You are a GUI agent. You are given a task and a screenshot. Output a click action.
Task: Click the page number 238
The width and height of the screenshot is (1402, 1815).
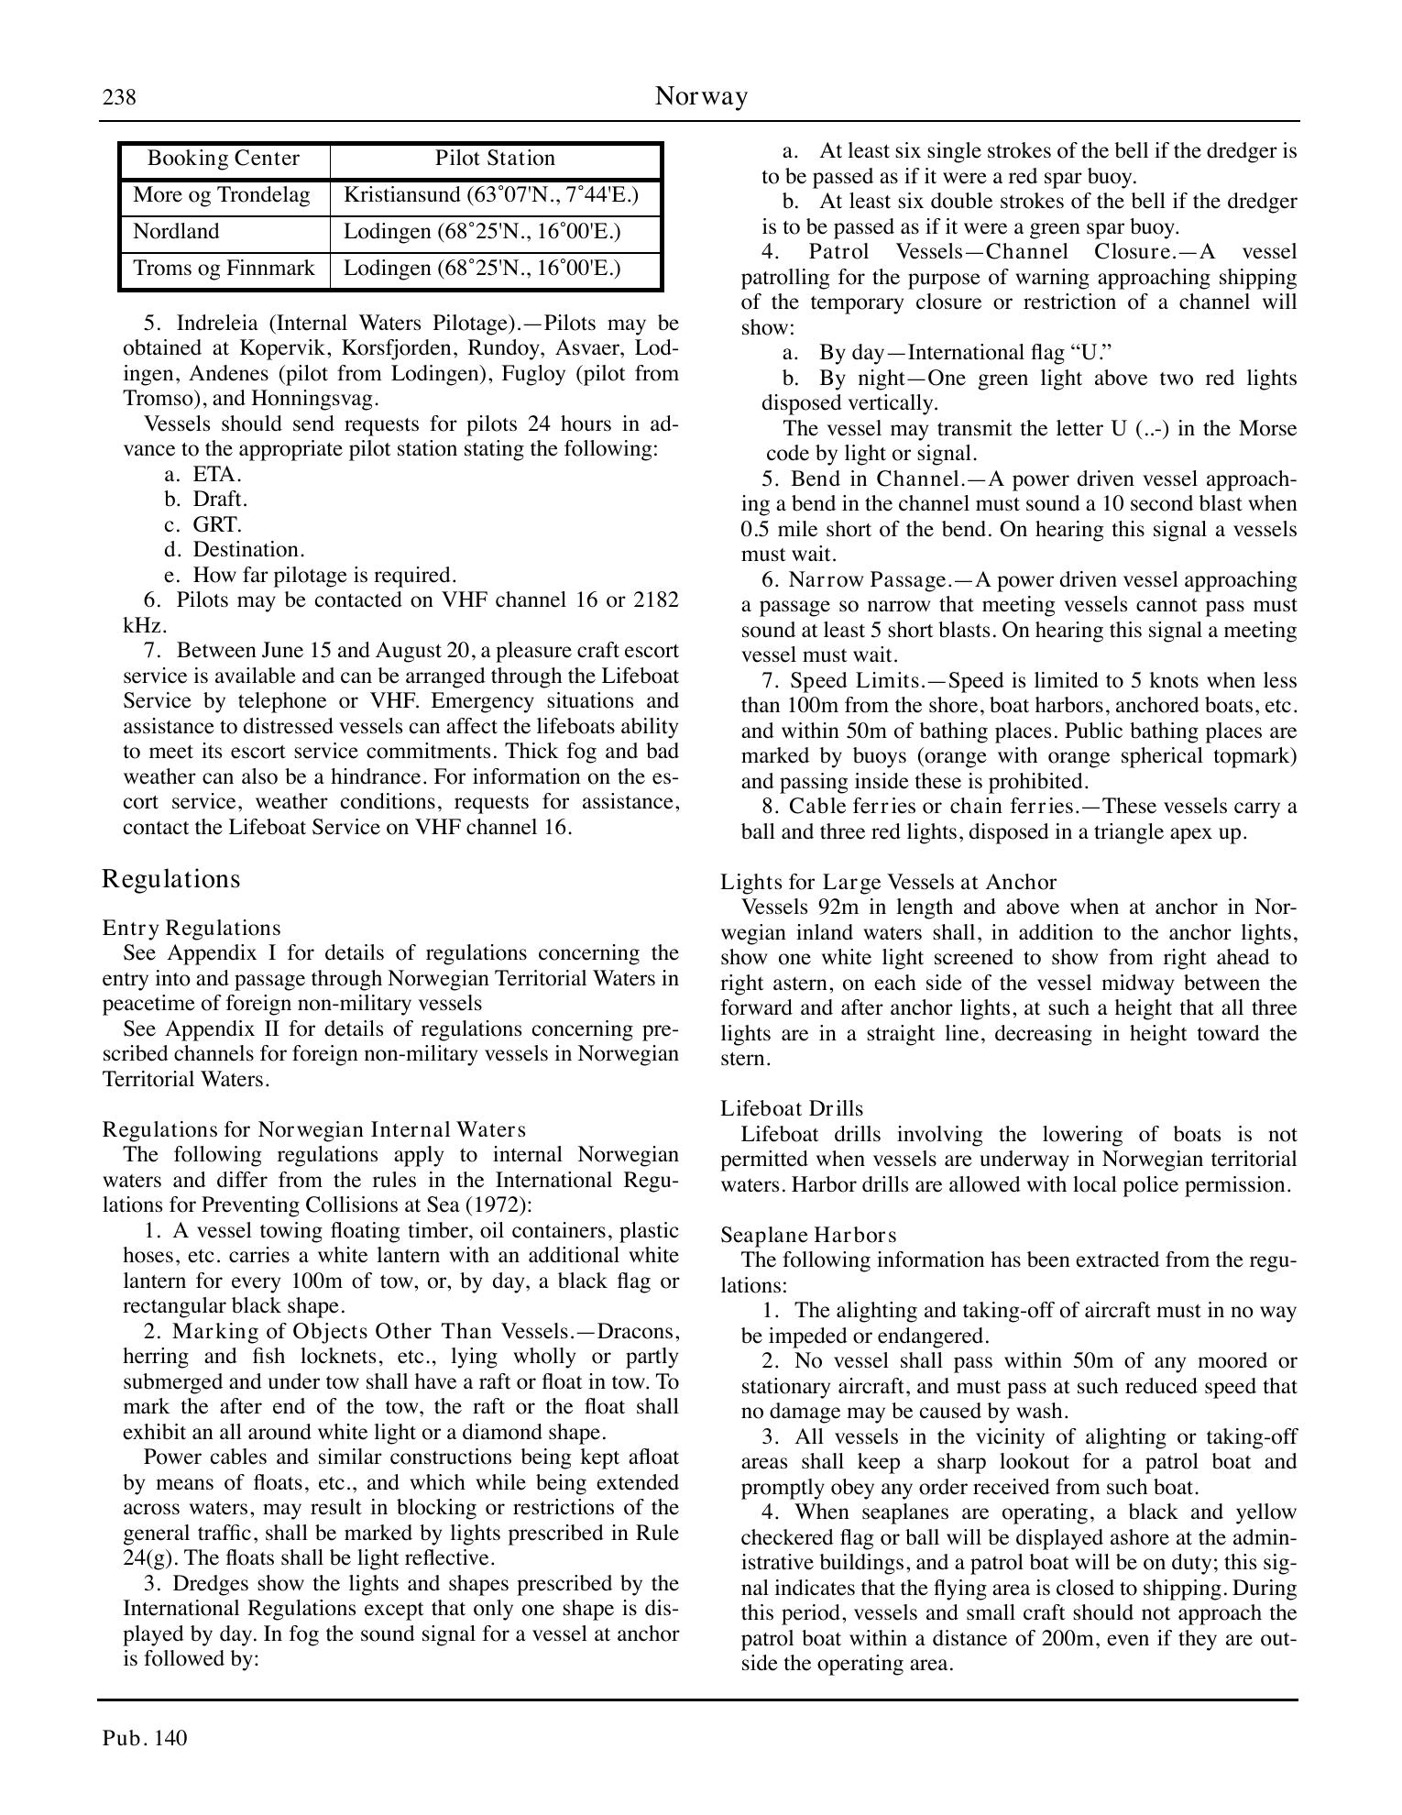(119, 97)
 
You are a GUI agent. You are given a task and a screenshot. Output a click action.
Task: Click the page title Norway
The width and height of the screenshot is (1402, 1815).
(701, 96)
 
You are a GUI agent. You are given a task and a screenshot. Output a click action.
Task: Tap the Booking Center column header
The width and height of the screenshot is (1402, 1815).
(224, 159)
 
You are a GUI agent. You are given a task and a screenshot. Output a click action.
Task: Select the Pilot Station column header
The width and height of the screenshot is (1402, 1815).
(495, 159)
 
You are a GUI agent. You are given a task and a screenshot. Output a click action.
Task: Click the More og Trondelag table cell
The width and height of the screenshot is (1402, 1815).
(221, 195)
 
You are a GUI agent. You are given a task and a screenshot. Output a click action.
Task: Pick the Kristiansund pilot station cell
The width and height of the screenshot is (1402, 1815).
(490, 195)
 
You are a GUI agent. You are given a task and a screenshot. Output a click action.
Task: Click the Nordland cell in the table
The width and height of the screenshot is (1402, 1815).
(176, 232)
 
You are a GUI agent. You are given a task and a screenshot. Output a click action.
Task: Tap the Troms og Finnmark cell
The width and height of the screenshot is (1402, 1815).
(224, 269)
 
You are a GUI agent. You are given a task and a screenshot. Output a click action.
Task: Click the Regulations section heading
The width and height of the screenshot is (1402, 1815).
(171, 879)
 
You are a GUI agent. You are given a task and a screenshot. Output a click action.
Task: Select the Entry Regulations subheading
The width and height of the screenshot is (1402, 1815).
(192, 928)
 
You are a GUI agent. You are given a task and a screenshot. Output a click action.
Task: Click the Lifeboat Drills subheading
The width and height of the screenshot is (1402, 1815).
(792, 1109)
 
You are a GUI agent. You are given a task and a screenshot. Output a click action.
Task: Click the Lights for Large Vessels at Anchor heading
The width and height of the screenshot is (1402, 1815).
(888, 883)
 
